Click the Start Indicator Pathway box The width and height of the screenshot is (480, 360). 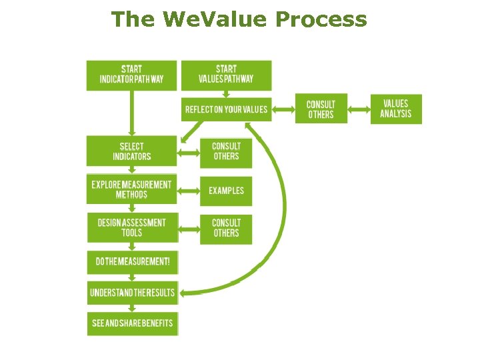point(131,75)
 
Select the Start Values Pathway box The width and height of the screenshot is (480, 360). point(226,75)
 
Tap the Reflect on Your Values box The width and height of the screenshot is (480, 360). point(226,109)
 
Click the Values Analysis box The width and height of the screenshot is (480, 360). point(396,109)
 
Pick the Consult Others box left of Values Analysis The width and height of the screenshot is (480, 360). point(321,109)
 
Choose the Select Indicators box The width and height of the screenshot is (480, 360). point(131,151)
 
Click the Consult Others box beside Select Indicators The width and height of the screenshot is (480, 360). point(226,152)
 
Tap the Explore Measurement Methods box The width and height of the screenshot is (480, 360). point(131,189)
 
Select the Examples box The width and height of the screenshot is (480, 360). point(226,191)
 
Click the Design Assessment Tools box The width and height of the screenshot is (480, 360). point(131,227)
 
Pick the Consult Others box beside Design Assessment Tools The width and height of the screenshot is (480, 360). point(226,228)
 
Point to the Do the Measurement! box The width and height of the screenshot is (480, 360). point(131,262)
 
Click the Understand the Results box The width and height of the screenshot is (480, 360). point(131,292)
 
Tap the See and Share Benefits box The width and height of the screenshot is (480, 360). point(131,323)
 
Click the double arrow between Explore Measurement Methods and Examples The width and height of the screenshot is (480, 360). point(189,191)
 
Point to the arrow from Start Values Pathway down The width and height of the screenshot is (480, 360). point(226,94)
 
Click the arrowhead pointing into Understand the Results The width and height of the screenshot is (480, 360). point(185,292)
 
